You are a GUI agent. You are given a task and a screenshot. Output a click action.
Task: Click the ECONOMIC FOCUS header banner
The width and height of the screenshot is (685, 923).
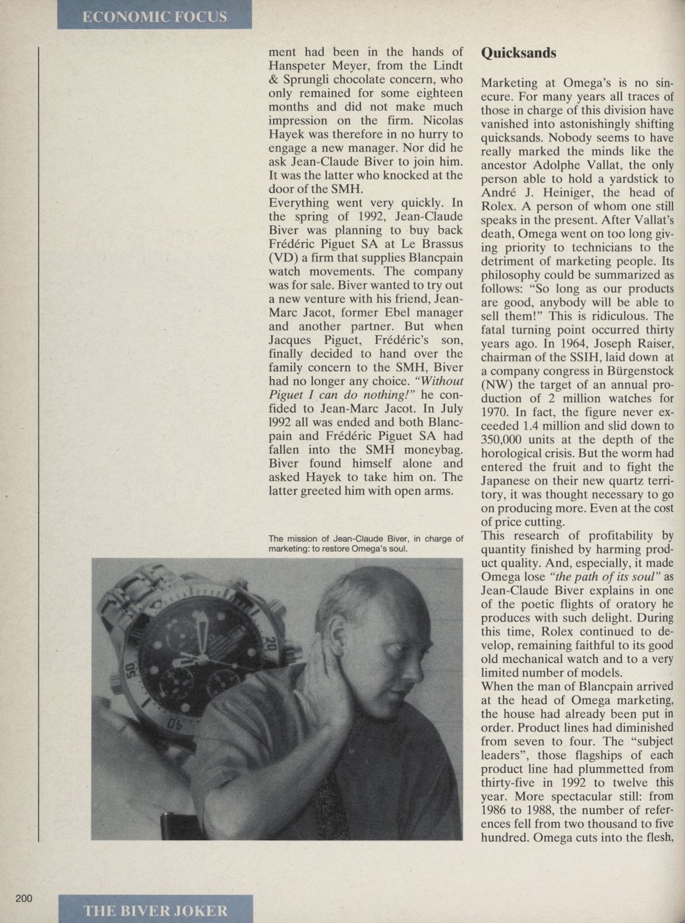154,15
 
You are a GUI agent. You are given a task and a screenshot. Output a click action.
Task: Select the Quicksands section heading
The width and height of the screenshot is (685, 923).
519,53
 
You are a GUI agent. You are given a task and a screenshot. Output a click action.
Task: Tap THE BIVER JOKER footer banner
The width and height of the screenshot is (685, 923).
156,910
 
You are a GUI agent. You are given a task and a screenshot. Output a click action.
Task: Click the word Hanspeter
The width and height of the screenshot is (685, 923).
301,66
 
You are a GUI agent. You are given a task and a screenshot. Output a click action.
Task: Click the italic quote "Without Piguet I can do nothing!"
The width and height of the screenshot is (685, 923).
366,388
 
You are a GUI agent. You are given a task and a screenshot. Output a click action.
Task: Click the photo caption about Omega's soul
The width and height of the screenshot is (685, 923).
366,543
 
